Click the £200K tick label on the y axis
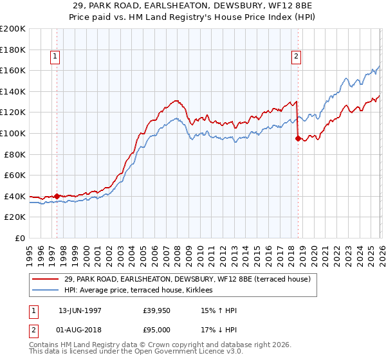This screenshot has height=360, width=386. pos(13,29)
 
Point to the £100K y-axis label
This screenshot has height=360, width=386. pos(13,133)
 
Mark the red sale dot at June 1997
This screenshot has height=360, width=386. pos(57,196)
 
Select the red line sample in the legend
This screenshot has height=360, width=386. pos(46,279)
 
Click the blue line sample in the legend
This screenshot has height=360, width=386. pos(46,291)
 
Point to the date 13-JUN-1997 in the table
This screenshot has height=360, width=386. pos(80,311)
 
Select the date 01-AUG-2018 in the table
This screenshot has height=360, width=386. pos(80,330)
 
